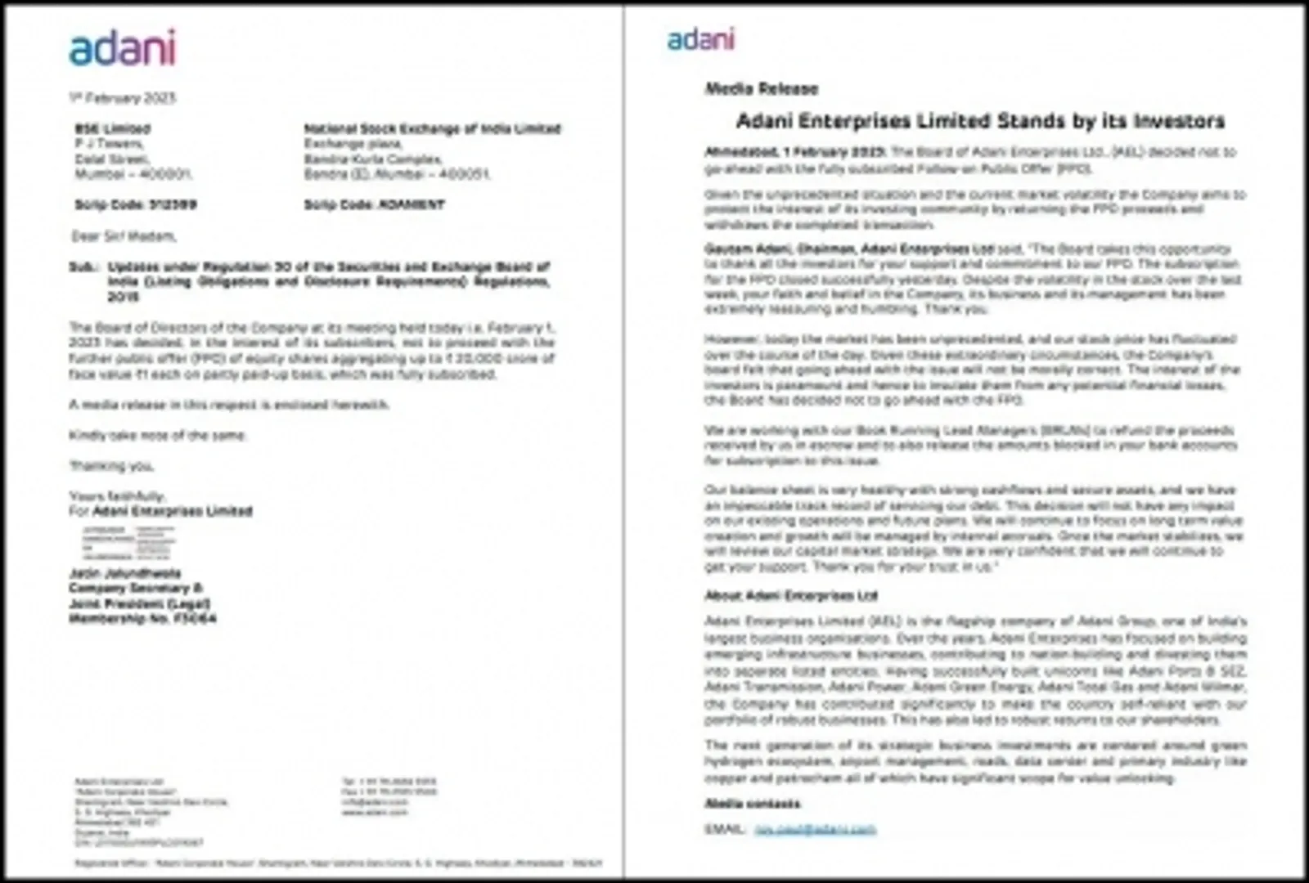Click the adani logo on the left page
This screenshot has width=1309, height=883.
click(x=122, y=48)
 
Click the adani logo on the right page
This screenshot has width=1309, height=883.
click(x=700, y=39)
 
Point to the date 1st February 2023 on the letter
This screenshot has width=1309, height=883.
click(x=122, y=98)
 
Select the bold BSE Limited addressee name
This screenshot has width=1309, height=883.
click(x=113, y=128)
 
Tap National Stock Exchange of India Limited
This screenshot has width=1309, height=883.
click(x=432, y=128)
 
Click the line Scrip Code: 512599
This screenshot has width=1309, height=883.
click(x=136, y=204)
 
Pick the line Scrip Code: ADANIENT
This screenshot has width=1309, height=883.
click(x=374, y=204)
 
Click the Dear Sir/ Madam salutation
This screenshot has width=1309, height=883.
click(x=123, y=236)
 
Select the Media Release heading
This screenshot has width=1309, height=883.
click(x=761, y=88)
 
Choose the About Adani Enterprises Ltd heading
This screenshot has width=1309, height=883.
click(x=790, y=595)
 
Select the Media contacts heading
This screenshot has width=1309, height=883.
click(x=753, y=804)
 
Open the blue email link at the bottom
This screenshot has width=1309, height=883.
click(x=815, y=829)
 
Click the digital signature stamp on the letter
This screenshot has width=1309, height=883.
click(x=128, y=542)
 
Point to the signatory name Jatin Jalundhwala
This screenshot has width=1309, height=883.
click(x=125, y=573)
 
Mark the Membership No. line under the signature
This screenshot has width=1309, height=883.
click(x=142, y=619)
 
